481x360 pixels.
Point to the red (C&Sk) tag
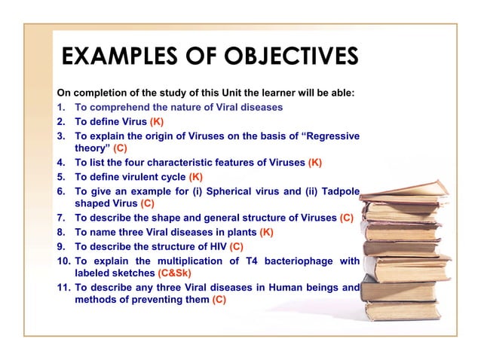click(x=179, y=273)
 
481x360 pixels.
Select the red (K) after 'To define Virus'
click(x=157, y=121)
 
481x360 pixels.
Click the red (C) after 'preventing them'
click(x=219, y=300)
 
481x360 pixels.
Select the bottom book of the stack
click(x=400, y=309)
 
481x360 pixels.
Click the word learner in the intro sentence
click(x=261, y=94)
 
